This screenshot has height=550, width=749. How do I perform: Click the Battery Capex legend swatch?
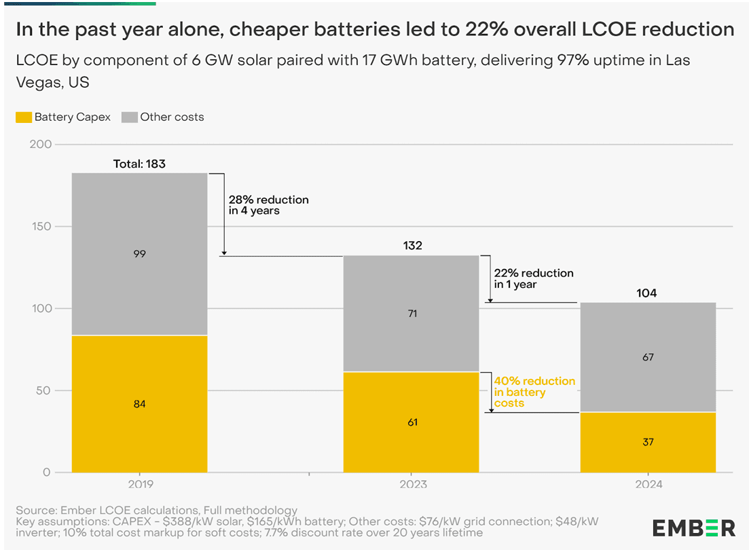(x=22, y=117)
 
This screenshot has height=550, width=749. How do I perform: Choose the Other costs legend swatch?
(x=129, y=117)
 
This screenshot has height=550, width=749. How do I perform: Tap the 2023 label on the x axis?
(x=412, y=485)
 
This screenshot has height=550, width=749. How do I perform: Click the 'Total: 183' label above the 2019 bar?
(x=139, y=164)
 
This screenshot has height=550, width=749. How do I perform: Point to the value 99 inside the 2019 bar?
(x=139, y=254)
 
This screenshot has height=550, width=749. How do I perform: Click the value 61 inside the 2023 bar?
(x=412, y=422)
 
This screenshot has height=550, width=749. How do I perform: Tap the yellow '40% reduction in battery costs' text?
(x=534, y=392)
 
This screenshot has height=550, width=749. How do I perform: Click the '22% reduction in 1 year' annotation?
(x=533, y=278)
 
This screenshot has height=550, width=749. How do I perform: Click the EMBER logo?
(x=694, y=528)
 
